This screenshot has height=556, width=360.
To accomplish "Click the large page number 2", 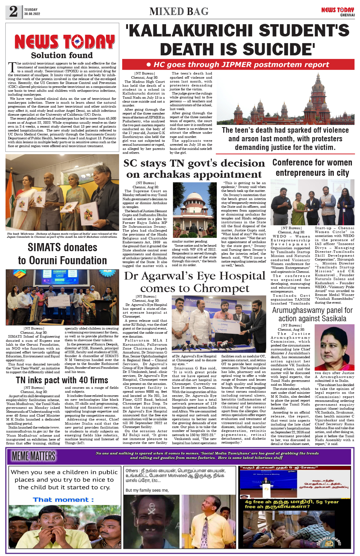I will click(13, 12).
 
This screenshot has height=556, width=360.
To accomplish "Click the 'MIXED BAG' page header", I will click(179, 11).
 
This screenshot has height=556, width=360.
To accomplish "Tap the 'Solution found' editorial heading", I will click(62, 55).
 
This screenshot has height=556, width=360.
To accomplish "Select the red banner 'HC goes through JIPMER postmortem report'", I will click(238, 65).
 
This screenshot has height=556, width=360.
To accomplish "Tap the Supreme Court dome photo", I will click(194, 210).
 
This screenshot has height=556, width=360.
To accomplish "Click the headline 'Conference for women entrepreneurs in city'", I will click(312, 167).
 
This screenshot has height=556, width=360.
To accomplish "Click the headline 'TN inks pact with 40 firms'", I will click(62, 380).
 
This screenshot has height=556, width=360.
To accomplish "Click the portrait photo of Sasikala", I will click(334, 347).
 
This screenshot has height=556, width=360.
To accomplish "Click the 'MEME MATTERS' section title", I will click(34, 456).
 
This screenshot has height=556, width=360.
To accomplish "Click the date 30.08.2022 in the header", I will click(32, 14).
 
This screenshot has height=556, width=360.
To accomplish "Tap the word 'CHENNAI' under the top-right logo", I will click(347, 15).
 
